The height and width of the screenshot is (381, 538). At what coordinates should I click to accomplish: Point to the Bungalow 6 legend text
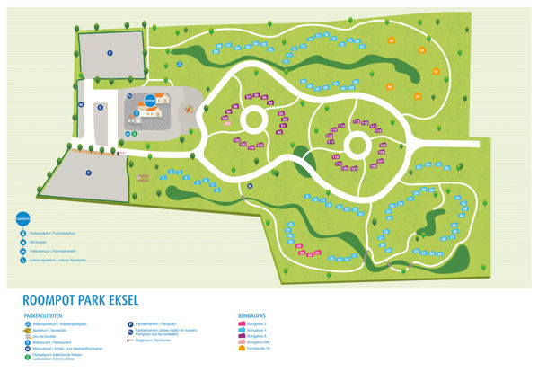[x=258, y=336]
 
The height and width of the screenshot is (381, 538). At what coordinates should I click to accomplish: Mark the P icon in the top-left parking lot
[x=110, y=52]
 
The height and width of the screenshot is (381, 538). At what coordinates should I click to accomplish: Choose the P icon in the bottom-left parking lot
[x=88, y=173]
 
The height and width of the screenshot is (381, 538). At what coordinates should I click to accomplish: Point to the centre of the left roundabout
[x=251, y=119]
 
